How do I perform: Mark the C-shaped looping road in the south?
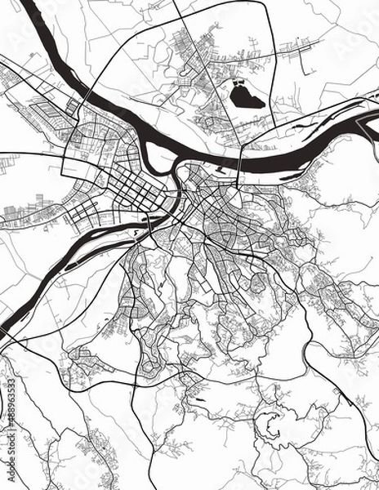(270, 425)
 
